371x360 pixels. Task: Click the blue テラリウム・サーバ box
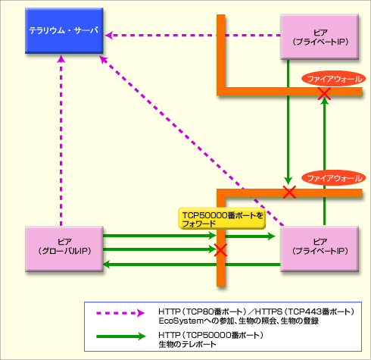coord(64,30)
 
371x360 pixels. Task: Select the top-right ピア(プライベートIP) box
coord(320,37)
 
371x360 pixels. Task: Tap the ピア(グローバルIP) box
coord(64,249)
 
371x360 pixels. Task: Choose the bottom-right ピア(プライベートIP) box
coord(320,249)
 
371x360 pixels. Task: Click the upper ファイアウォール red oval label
coord(333,79)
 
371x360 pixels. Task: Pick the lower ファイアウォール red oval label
coord(333,178)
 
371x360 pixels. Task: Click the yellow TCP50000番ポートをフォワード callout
coord(222,218)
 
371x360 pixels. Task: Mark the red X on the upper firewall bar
coord(324,93)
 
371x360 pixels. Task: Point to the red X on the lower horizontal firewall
coord(289,193)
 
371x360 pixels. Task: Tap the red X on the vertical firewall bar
coord(220,250)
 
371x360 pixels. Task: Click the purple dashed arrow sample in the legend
coord(120,313)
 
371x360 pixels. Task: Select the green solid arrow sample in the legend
coord(121,337)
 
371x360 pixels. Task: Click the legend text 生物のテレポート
coord(187,344)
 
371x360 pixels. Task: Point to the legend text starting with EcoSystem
coord(238,321)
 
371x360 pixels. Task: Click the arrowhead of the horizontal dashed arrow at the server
coord(109,36)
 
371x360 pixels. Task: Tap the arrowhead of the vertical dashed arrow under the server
coord(61,59)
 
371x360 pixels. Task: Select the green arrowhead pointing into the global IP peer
coord(107,265)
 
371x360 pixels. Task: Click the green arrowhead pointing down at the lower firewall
coord(288,181)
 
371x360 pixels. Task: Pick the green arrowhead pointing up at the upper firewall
coord(324,101)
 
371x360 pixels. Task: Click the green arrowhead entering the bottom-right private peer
coord(272,236)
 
